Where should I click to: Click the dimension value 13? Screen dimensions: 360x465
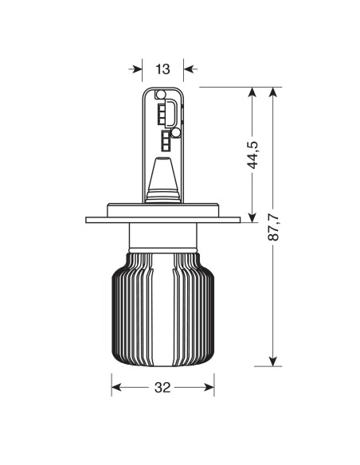coord(162,69)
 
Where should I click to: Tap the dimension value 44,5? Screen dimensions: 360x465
coord(253,155)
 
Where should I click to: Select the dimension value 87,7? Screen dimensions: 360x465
coord(273,227)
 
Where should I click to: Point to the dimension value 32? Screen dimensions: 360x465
coord(162,387)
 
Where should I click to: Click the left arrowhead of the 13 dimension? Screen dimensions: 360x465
coord(138,69)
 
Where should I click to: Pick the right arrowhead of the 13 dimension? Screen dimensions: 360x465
coord(188,69)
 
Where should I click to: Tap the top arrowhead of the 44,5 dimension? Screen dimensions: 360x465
coord(252,92)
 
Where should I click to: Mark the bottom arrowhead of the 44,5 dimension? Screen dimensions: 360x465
coord(252,218)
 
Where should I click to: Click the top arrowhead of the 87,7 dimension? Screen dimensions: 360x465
coord(273,92)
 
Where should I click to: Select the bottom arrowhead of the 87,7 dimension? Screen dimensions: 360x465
coord(273,361)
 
